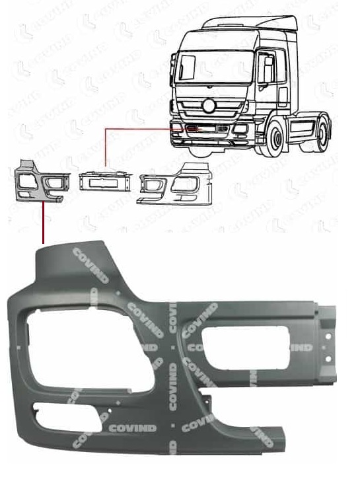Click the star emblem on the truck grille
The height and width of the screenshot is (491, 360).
pos(209,105)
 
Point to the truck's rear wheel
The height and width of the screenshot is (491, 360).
pos(322,130)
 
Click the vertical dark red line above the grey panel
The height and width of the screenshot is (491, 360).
pos(43,225)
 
